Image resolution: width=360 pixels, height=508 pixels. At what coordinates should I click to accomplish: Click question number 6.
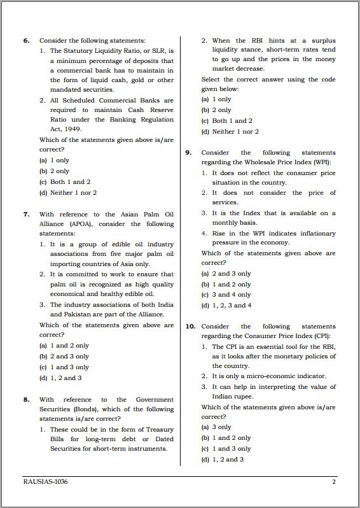pos(27,41)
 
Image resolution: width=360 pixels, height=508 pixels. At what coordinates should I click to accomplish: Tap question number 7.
pos(27,215)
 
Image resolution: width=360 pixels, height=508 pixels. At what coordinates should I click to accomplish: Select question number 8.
pos(27,400)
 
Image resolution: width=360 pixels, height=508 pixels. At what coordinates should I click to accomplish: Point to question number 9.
pos(189,153)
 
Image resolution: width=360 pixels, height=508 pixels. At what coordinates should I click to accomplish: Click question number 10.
pos(190,327)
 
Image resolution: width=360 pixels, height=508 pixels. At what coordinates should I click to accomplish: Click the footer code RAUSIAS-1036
pos(45,482)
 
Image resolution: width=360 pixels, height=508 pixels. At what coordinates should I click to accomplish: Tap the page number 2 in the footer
pos(333,482)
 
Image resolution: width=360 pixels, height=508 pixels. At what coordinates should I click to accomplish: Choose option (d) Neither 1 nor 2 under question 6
pos(68,192)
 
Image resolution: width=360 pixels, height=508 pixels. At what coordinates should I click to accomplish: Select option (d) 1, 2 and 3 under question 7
pos(60,377)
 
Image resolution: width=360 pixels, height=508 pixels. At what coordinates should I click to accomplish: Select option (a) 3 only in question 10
pos(216,427)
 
